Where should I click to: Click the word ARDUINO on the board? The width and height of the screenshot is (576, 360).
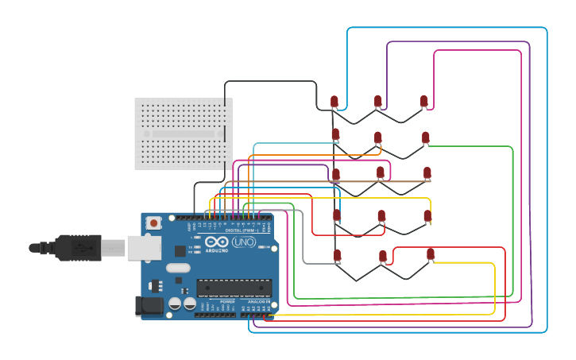(x=216, y=250)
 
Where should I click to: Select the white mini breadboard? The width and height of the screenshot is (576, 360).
(x=183, y=134)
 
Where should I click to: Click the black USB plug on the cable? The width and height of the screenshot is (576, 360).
(x=78, y=248)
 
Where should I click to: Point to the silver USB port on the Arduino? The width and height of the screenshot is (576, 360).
(x=143, y=248)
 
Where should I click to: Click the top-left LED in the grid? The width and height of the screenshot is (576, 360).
(x=334, y=102)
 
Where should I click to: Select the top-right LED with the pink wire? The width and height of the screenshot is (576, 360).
(x=424, y=101)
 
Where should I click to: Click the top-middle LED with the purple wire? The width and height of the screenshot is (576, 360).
(x=378, y=101)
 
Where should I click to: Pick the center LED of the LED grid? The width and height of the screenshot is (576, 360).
(x=381, y=172)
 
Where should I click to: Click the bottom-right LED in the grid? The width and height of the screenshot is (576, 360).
(x=431, y=254)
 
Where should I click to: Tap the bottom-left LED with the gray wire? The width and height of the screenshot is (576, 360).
(x=337, y=255)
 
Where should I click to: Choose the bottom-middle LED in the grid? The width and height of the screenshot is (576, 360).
(x=383, y=256)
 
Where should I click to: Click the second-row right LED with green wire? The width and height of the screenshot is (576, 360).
(x=426, y=138)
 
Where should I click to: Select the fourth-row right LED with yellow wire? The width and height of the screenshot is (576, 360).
(x=427, y=215)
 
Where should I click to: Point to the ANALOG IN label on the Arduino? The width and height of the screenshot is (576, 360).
(x=258, y=302)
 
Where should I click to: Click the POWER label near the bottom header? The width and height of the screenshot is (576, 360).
(x=227, y=302)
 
